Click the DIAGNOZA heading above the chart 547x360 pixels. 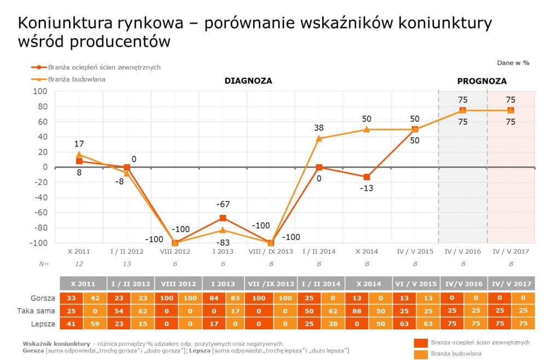pyautogui.click(x=248, y=81)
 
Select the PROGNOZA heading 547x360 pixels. pyautogui.click(x=482, y=82)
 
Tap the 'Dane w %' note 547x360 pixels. pyautogui.click(x=513, y=63)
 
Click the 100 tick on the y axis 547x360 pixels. pyautogui.click(x=40, y=91)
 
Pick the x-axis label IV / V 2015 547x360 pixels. pyautogui.click(x=415, y=252)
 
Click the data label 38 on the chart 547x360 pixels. pyautogui.click(x=319, y=128)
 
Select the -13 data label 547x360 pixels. pyautogui.click(x=366, y=188)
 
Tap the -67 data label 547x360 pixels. pyautogui.click(x=223, y=204)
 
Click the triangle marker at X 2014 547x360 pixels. pyautogui.click(x=366, y=129)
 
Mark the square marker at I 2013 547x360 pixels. pyautogui.click(x=223, y=218)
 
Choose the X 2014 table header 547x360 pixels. pyautogui.click(x=369, y=283)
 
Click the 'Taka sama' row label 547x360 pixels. pyautogui.click(x=36, y=311)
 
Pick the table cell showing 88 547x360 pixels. pyautogui.click(x=357, y=311)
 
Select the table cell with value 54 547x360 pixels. pyautogui.click(x=119, y=311)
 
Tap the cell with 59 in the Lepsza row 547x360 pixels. pyautogui.click(x=95, y=323)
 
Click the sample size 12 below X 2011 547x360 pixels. pyautogui.click(x=79, y=264)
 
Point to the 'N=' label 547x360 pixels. pyautogui.click(x=44, y=264)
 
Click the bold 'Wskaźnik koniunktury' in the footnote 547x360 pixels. pyautogui.click(x=56, y=344)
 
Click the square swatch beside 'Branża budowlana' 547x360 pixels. pyautogui.click(x=421, y=354)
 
